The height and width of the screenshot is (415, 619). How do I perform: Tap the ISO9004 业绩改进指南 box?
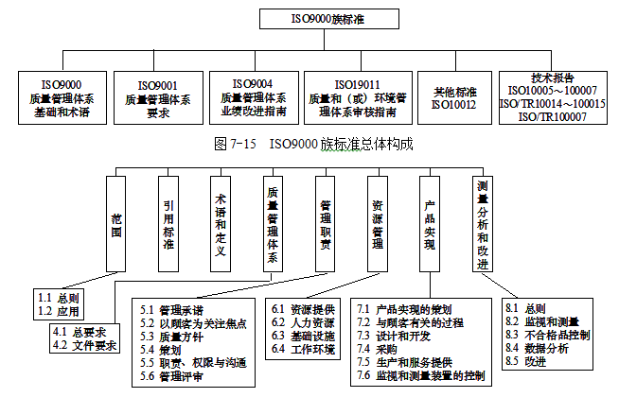click(254, 97)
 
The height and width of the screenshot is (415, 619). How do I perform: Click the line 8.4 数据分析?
click(536, 348)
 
